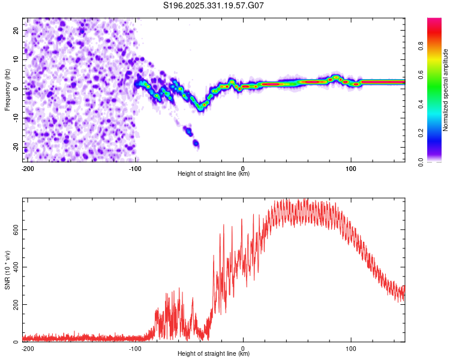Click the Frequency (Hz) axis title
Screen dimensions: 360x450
coord(7,88)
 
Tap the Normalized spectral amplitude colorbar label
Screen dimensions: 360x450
coord(445,91)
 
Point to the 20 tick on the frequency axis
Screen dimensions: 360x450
coord(16,30)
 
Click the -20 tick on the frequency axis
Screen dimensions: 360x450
coord(15,147)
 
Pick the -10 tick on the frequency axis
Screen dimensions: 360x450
coord(15,118)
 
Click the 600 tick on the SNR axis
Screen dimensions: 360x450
coord(14,230)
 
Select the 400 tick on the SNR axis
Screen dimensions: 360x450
coord(14,267)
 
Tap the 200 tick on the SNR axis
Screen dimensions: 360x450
coord(14,305)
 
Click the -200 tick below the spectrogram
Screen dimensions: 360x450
coord(27,168)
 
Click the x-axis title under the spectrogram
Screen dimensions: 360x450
coord(214,174)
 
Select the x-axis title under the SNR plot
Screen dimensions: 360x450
coord(214,354)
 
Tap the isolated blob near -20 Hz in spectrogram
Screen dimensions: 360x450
coord(195,143)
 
